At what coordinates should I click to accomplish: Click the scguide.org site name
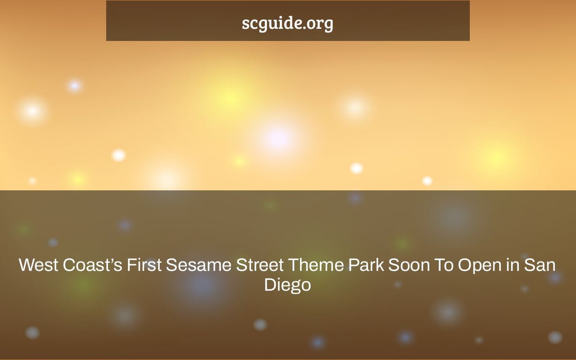pos(288,23)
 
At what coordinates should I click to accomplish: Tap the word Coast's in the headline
pos(92,265)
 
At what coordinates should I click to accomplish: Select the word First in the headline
pos(144,265)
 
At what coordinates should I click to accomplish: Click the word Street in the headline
pos(260,265)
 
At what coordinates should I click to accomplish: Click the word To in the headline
pos(444,265)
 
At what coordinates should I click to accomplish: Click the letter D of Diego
pos(270,285)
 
